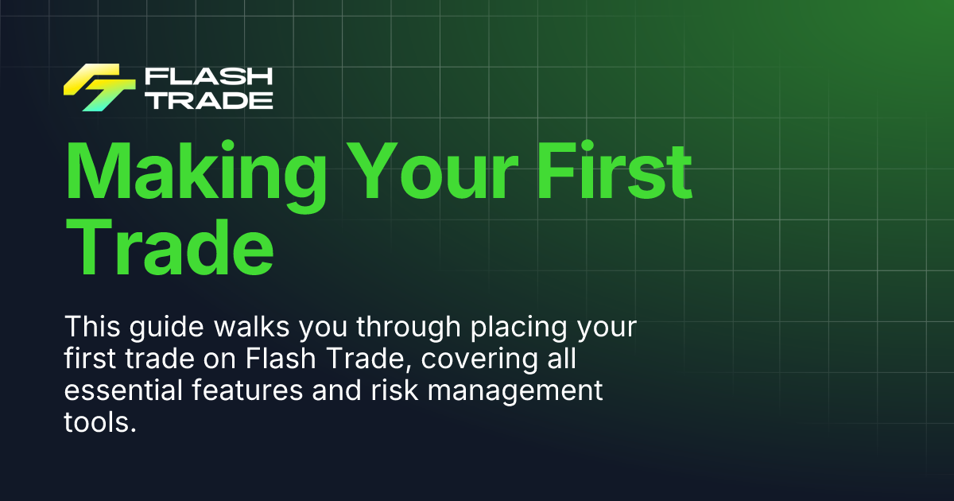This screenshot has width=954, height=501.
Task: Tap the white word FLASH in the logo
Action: point(208,76)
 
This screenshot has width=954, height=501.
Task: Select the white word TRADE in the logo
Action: point(208,99)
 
